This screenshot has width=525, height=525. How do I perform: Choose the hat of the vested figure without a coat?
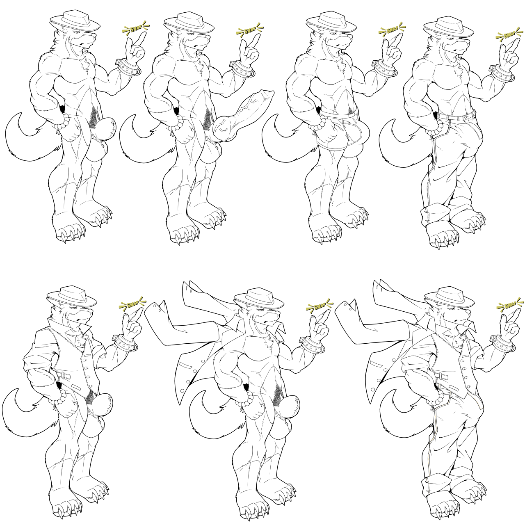click(x=72, y=297)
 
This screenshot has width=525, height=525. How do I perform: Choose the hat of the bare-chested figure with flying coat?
click(x=259, y=298)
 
